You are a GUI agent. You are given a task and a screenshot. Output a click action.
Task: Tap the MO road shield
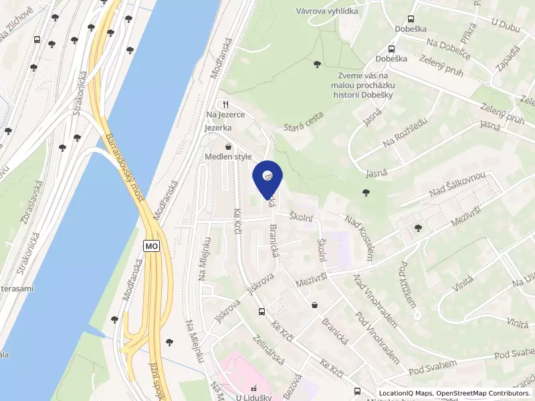152,247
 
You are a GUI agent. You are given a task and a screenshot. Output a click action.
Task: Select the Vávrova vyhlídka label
327,11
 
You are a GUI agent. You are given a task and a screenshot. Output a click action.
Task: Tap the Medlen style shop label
228,157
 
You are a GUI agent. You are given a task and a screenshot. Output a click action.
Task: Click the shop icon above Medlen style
228,146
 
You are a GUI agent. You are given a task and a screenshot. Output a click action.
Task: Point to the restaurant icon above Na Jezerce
226,104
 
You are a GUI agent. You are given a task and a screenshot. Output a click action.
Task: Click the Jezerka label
219,127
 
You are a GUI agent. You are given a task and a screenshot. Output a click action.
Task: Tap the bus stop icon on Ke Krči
261,311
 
